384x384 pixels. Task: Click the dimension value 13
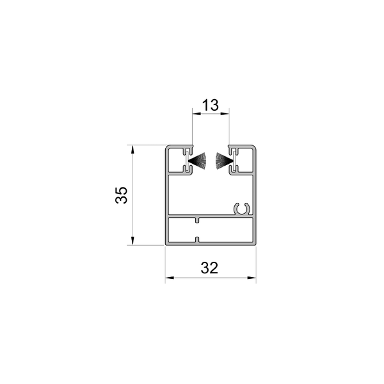click(211, 105)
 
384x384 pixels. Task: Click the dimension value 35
click(121, 195)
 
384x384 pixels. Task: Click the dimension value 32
click(209, 268)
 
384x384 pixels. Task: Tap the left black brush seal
click(198, 161)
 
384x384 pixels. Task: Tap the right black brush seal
click(223, 161)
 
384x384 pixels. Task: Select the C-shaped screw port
click(242, 209)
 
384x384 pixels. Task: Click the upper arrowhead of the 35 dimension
click(132, 149)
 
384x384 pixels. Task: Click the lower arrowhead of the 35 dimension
click(132, 241)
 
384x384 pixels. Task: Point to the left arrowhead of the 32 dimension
click(170, 278)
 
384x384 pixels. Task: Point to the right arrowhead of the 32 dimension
click(252, 278)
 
